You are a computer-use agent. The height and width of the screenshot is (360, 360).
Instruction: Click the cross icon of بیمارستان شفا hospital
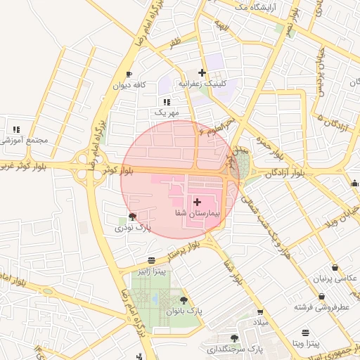click(x=196, y=202)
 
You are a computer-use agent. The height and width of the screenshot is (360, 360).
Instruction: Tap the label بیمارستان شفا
click(x=197, y=212)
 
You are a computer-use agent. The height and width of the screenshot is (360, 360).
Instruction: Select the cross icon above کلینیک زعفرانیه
click(x=202, y=72)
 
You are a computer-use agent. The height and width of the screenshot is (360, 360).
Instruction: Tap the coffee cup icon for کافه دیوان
click(x=129, y=74)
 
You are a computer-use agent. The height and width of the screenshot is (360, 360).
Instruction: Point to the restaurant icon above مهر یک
click(x=167, y=102)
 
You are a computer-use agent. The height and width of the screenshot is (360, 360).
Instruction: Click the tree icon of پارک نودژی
click(x=133, y=217)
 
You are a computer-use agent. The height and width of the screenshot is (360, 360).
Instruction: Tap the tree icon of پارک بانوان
click(x=184, y=300)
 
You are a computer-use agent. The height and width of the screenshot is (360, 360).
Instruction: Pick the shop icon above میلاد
click(x=260, y=311)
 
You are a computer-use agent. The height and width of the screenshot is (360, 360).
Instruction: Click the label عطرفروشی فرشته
click(x=322, y=307)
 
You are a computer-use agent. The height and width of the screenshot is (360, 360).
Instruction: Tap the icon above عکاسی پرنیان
click(x=333, y=268)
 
